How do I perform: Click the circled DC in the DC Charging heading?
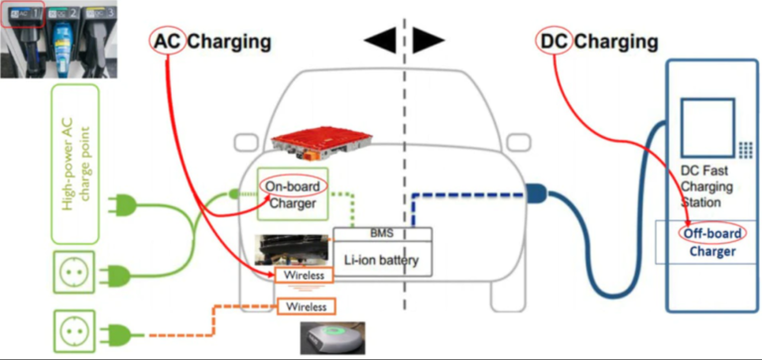click(x=553, y=42)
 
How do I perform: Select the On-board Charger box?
click(x=292, y=193)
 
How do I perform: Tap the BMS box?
click(x=382, y=235)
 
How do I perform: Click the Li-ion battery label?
click(x=382, y=261)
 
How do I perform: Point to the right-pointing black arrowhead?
click(x=429, y=41)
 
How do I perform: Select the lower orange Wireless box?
click(x=307, y=306)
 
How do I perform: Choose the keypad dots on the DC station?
click(x=746, y=149)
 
